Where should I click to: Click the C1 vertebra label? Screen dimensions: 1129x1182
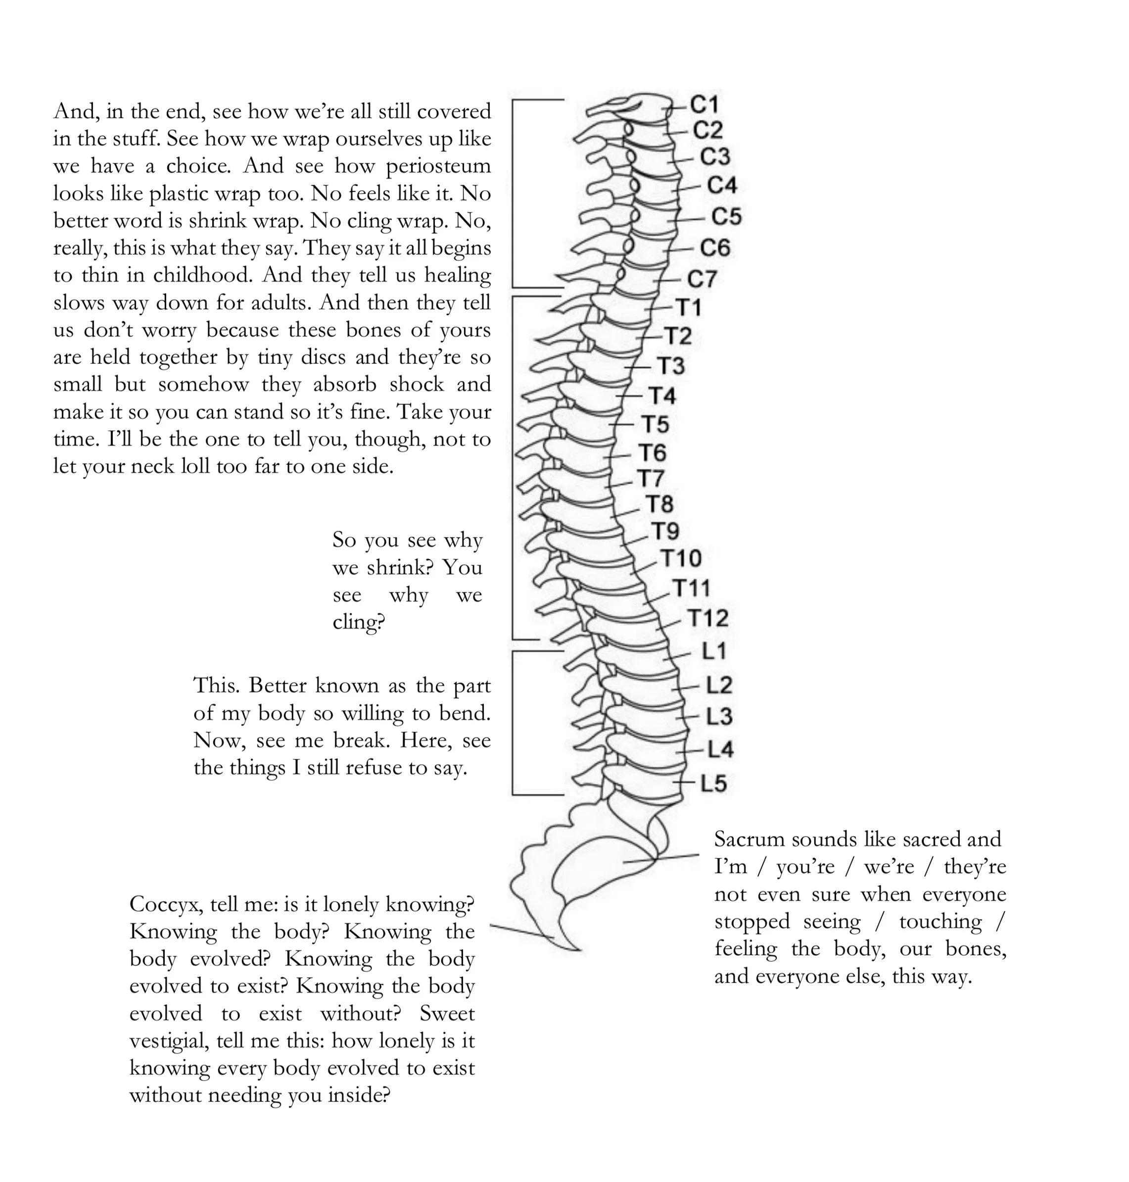click(x=704, y=105)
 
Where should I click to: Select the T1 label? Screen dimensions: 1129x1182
click(x=689, y=308)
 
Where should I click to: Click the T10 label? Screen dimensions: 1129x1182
click(x=681, y=558)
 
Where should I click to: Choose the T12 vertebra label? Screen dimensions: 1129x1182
click(x=708, y=618)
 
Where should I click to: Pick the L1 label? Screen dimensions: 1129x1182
click(x=714, y=651)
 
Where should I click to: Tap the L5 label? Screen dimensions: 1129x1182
click(x=714, y=784)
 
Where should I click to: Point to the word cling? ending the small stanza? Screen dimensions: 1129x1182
click(x=359, y=622)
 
